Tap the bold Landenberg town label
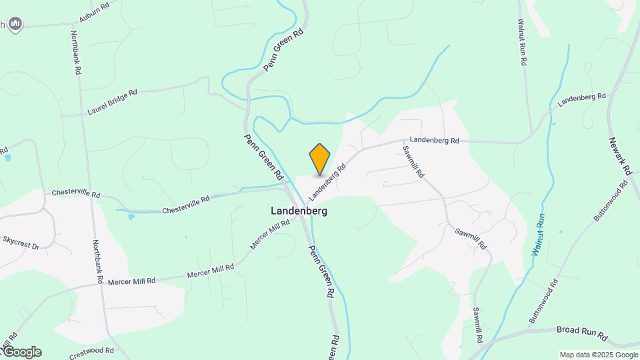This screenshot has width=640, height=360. click(299, 210)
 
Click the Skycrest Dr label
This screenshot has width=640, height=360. click(21, 242)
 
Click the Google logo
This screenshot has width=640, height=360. click(21, 352)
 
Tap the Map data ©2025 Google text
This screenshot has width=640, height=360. click(599, 355)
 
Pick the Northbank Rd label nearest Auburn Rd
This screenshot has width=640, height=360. click(77, 52)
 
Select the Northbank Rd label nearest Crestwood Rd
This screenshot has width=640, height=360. click(98, 262)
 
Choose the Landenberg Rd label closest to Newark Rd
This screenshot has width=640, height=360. click(582, 99)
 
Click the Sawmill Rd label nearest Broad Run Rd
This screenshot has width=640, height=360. click(477, 321)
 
